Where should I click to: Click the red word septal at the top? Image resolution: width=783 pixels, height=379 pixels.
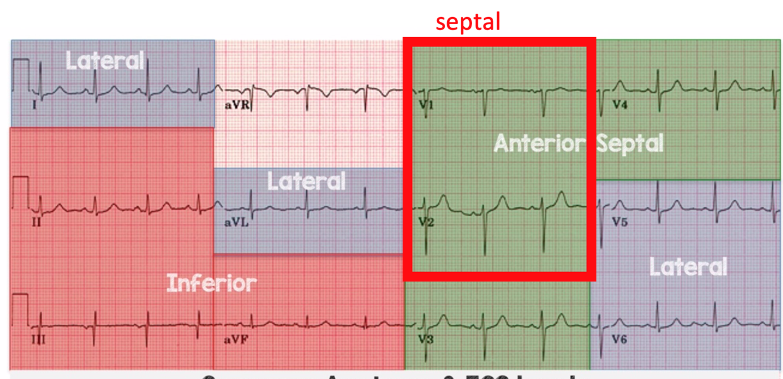(x=468, y=22)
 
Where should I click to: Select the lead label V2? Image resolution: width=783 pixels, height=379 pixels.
(x=426, y=223)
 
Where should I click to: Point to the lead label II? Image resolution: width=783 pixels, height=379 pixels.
(x=36, y=223)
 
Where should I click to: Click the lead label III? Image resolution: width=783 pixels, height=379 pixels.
(x=38, y=340)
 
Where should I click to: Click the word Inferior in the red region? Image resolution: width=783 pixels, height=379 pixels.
(x=212, y=283)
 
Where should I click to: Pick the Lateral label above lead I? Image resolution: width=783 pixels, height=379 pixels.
(x=104, y=61)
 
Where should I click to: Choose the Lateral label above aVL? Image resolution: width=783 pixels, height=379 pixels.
(x=306, y=182)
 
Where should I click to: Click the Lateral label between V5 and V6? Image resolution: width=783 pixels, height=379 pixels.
(x=688, y=267)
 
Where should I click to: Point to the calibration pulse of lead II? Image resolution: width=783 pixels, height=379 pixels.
(x=21, y=187)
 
